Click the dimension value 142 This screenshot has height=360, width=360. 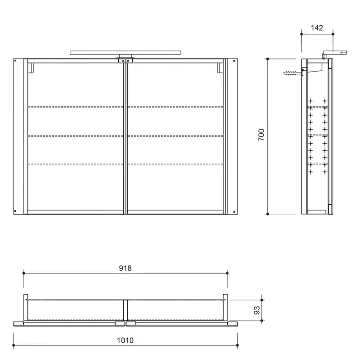point(317,28)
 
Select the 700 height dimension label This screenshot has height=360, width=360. point(261,135)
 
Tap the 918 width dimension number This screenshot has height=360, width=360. point(126,268)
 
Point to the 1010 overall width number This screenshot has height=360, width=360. point(126,340)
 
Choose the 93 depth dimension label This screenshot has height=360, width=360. point(257,310)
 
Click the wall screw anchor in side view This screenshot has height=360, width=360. point(292,73)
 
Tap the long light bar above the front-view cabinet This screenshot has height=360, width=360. point(126,53)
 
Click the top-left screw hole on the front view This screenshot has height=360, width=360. point(15,61)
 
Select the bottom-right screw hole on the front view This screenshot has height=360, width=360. point(234,211)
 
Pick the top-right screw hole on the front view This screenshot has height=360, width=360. point(234,61)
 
